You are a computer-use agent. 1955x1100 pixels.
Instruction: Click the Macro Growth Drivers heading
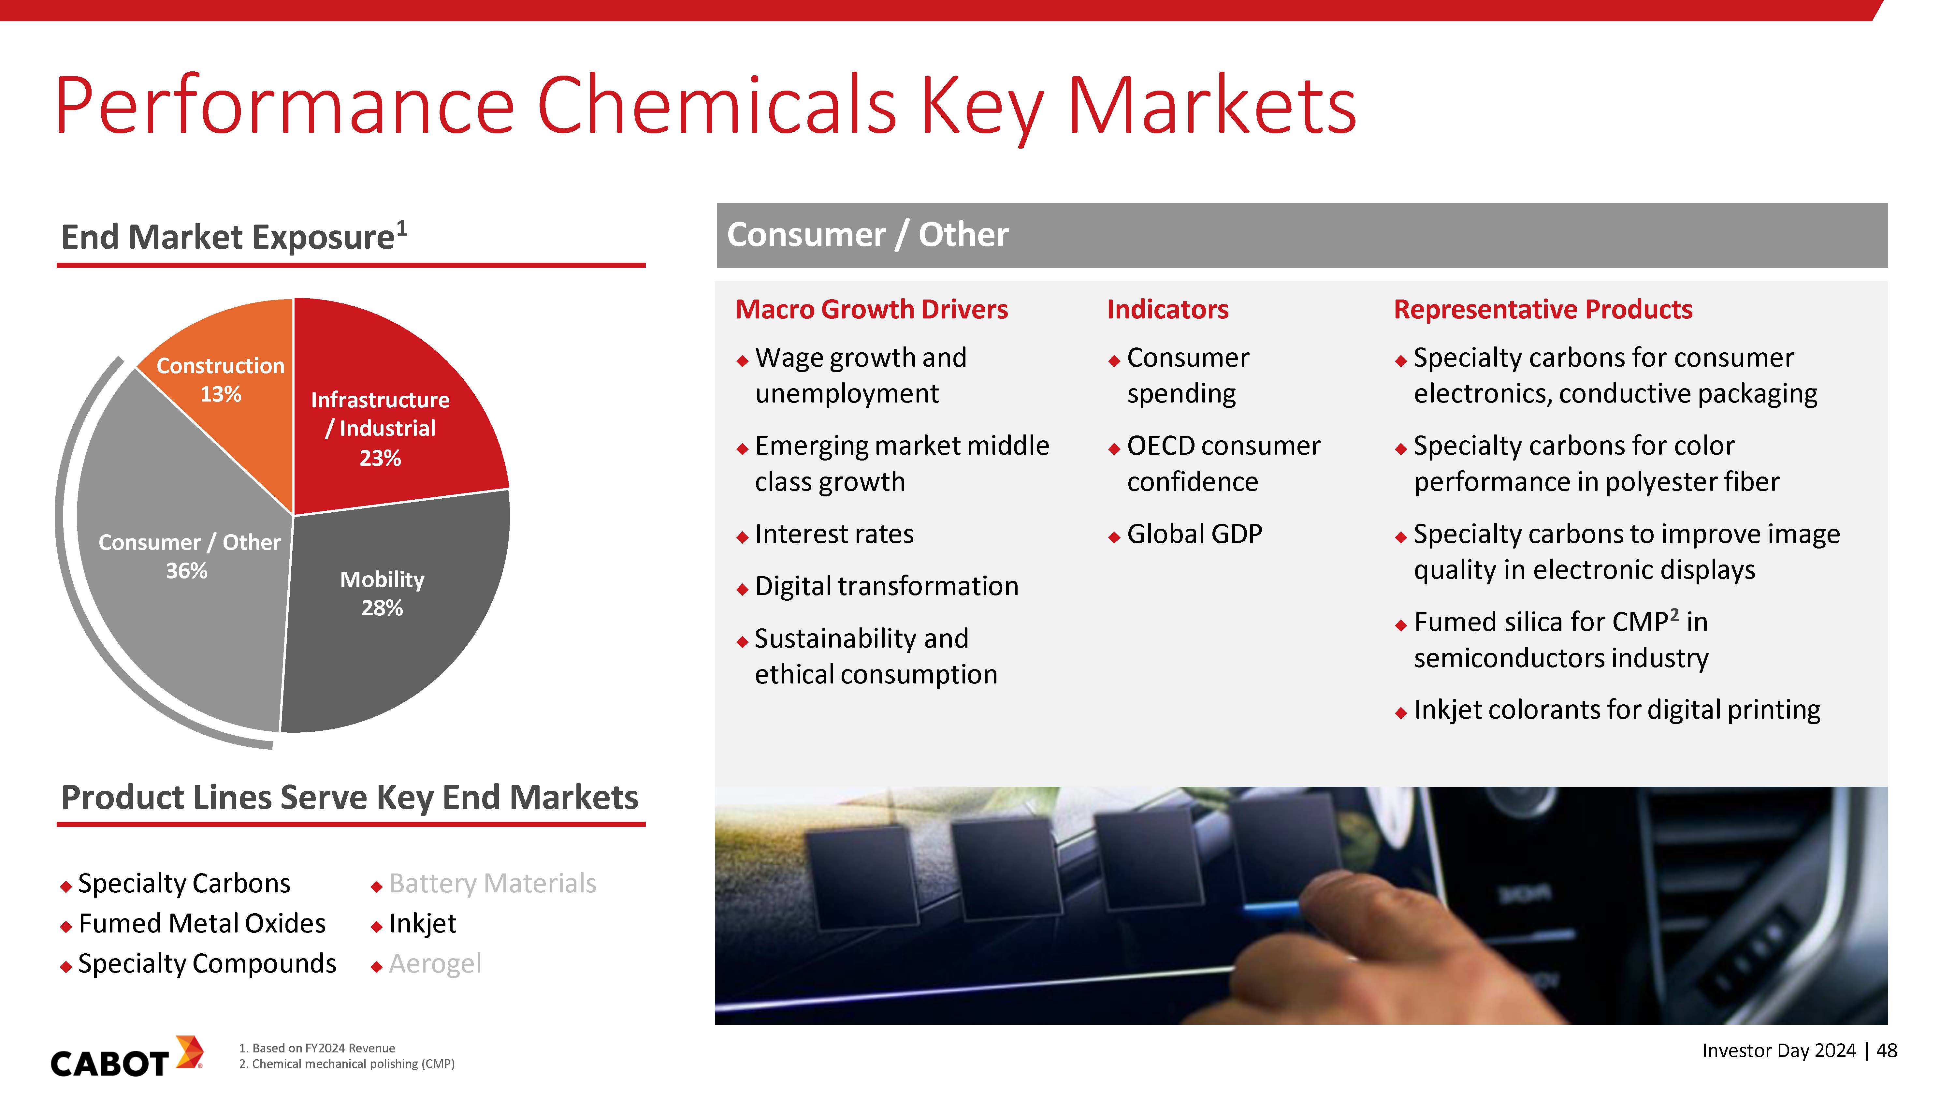(x=871, y=310)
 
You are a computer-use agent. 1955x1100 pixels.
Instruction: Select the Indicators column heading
(x=1167, y=310)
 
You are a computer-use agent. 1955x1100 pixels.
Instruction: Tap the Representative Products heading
(x=1543, y=310)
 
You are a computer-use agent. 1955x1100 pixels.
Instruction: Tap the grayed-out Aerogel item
(x=435, y=964)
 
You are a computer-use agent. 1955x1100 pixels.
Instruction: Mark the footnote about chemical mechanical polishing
(x=347, y=1064)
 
